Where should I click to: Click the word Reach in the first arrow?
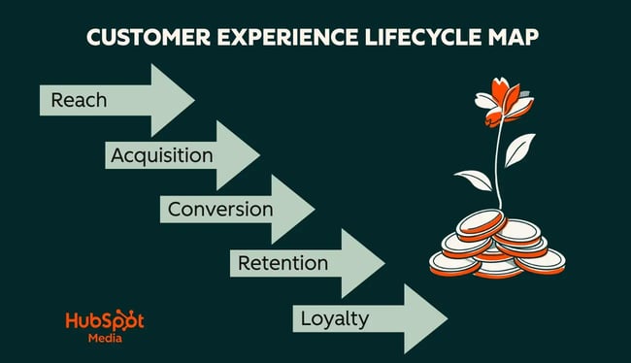coord(79,99)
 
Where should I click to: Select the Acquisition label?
coord(161,154)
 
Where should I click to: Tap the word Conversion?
coord(220,209)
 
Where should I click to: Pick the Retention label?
coord(283,263)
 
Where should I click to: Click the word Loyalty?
coord(334,317)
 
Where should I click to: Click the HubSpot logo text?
coord(104,321)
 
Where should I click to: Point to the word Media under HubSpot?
coord(104,340)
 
